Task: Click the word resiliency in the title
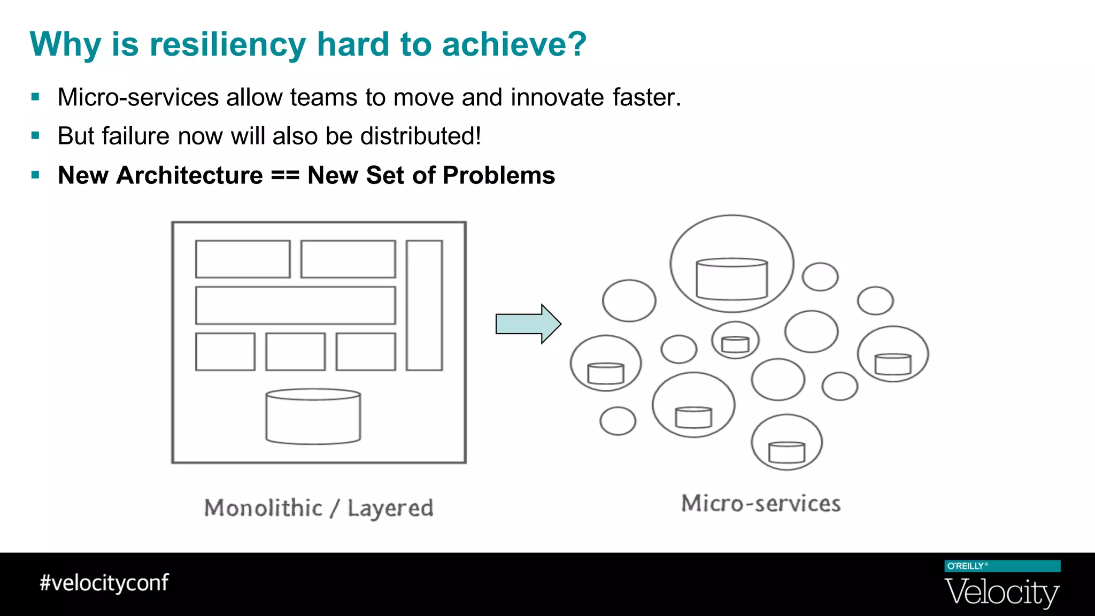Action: pyautogui.click(x=227, y=45)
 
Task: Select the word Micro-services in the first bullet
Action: pyautogui.click(x=138, y=97)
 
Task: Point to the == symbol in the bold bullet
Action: pyautogui.click(x=284, y=175)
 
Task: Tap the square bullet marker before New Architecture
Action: pyautogui.click(x=35, y=175)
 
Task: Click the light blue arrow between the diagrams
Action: pyautogui.click(x=527, y=324)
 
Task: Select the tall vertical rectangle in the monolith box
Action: pyautogui.click(x=424, y=305)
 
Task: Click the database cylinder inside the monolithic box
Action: pyautogui.click(x=313, y=417)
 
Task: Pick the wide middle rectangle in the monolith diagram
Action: pyautogui.click(x=295, y=305)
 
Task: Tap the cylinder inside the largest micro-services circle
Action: pyautogui.click(x=731, y=279)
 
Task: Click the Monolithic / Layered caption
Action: pyautogui.click(x=319, y=508)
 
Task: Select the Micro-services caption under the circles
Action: pyautogui.click(x=761, y=504)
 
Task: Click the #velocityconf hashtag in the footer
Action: pyautogui.click(x=104, y=583)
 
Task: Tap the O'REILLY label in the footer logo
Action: pyautogui.click(x=966, y=566)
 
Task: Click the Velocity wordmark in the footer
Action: pyautogui.click(x=1001, y=592)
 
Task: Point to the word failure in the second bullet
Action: pyautogui.click(x=135, y=136)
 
